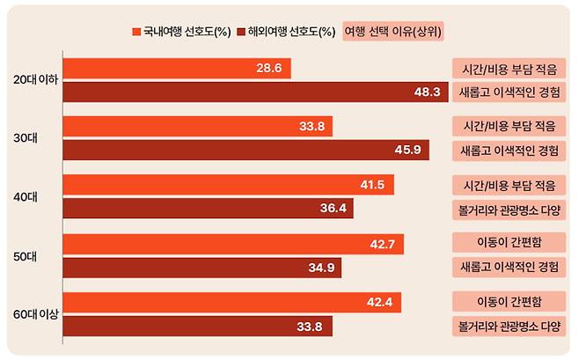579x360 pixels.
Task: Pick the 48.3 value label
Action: tap(427, 92)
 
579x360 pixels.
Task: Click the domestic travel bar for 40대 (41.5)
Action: tap(229, 185)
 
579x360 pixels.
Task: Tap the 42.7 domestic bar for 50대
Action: tap(234, 244)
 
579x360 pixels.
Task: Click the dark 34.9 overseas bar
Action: tap(202, 267)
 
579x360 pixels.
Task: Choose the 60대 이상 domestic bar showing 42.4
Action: tap(232, 302)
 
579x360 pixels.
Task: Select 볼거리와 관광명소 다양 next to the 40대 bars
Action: tap(508, 209)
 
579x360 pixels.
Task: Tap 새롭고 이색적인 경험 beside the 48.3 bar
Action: tap(508, 92)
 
